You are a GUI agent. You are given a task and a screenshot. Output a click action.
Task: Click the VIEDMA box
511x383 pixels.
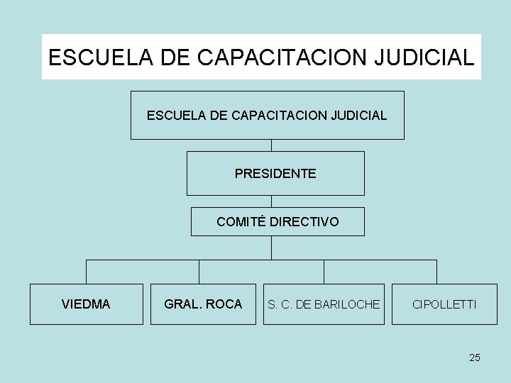[x=86, y=304]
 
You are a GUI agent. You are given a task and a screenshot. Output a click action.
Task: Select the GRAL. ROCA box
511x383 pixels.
[x=203, y=304]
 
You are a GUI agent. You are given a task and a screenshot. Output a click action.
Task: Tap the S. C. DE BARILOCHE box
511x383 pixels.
[x=324, y=304]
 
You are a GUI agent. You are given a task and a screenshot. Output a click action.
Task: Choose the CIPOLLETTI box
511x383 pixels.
[x=445, y=304]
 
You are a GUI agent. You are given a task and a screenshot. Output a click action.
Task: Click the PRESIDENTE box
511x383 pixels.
[x=275, y=173]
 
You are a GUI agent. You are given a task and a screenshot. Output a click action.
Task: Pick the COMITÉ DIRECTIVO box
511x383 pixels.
[x=278, y=222]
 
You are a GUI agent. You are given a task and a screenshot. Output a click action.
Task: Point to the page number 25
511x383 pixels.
[x=475, y=357]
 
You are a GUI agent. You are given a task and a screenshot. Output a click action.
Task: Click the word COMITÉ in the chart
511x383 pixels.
[x=241, y=222]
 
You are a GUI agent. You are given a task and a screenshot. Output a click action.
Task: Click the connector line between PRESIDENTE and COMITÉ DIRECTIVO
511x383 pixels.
[x=271, y=201]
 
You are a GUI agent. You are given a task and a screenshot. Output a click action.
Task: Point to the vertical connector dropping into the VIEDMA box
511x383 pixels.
[x=86, y=272]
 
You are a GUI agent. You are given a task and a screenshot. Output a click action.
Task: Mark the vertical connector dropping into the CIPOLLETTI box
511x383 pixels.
[x=436, y=272]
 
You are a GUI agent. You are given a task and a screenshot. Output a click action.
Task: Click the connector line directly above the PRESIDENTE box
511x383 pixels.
[x=271, y=145]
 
